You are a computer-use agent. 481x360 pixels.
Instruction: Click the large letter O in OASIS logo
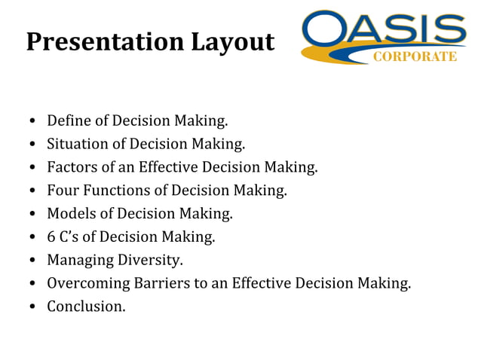327,32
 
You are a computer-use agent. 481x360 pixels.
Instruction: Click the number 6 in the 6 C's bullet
51,237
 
